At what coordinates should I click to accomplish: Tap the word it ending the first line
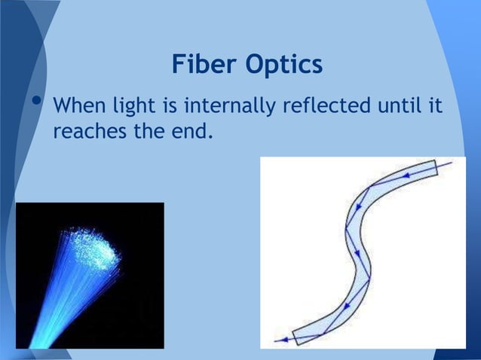pyautogui.click(x=435, y=107)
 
